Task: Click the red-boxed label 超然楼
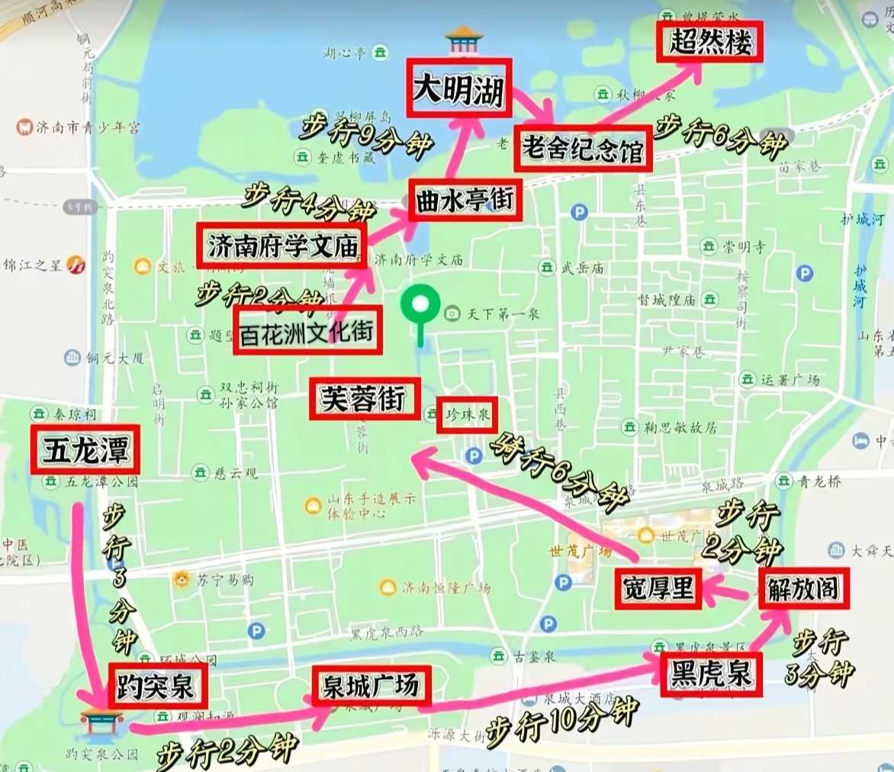(x=711, y=42)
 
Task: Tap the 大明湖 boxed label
(x=458, y=88)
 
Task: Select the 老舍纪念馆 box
(x=584, y=148)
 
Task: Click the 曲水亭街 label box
(x=465, y=201)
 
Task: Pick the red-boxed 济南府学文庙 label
(x=282, y=246)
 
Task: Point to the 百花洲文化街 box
(x=307, y=332)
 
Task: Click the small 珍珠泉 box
(x=467, y=415)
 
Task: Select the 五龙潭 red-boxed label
(x=85, y=450)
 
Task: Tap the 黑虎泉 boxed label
(x=711, y=674)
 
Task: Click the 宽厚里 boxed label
(x=658, y=589)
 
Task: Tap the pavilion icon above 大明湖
(x=464, y=38)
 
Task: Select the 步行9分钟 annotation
(x=365, y=136)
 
